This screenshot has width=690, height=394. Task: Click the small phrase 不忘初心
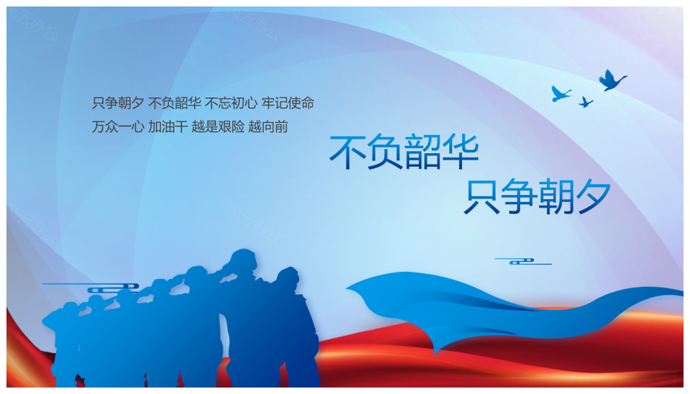click(231, 103)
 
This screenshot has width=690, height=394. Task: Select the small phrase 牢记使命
click(287, 103)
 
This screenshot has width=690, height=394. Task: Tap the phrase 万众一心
click(118, 127)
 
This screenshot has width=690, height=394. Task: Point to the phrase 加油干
click(168, 127)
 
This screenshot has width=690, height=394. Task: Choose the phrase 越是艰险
click(218, 127)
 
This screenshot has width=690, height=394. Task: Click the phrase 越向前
click(268, 127)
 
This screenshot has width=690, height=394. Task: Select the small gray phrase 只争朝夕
click(118, 103)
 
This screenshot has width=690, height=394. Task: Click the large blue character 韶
click(423, 152)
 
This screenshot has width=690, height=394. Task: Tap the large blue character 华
click(460, 152)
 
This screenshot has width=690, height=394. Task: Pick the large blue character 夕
click(594, 196)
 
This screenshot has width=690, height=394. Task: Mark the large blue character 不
click(348, 152)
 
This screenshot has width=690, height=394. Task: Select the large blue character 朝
click(556, 196)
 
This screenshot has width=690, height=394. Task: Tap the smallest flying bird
click(585, 103)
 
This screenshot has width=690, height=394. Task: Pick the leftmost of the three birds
click(560, 93)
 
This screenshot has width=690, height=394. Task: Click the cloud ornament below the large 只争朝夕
click(523, 262)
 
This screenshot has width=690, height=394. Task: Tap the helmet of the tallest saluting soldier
click(244, 258)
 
